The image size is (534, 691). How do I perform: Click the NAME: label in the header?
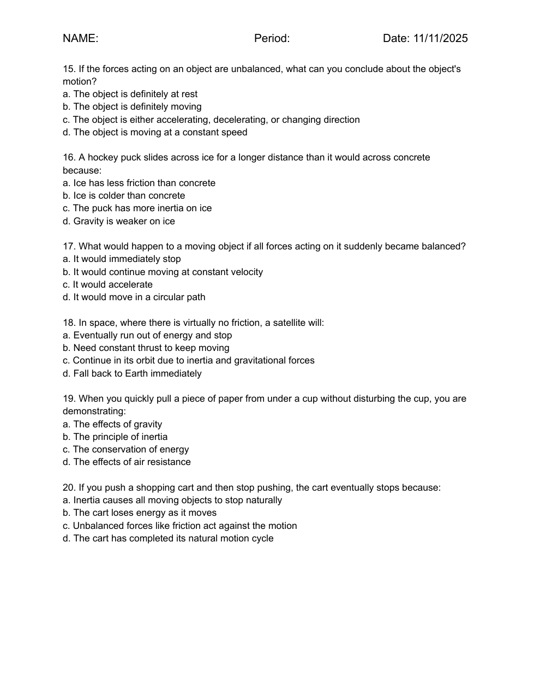[80, 38]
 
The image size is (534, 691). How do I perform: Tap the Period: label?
[272, 38]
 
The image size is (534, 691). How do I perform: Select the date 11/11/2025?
[440, 38]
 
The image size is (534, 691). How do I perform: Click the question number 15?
[68, 69]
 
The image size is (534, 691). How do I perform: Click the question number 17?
[68, 246]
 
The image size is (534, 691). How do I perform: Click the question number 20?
[69, 487]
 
